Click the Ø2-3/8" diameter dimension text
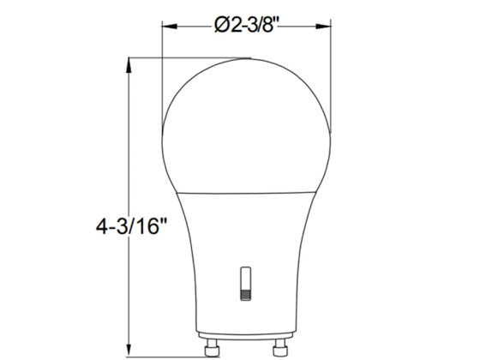248,25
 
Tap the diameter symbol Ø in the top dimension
220,25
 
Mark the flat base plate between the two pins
247,336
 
